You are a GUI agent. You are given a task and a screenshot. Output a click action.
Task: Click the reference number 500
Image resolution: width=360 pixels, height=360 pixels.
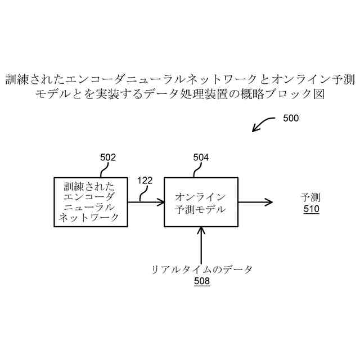pos(290,119)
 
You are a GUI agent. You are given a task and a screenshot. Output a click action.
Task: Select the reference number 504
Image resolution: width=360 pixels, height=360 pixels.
pos(201,157)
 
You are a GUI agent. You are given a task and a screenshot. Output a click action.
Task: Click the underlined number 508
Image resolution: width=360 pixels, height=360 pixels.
pos(201,281)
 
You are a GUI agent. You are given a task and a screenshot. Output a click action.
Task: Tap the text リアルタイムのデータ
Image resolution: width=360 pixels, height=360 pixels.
pos(201,269)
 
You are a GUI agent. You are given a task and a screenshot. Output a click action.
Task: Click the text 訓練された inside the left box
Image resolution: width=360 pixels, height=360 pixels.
pos(89,186)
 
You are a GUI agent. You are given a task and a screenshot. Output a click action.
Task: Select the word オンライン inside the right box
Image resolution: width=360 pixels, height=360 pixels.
pos(201,196)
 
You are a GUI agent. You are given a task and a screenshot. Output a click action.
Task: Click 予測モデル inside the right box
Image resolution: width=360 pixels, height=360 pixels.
pos(201,209)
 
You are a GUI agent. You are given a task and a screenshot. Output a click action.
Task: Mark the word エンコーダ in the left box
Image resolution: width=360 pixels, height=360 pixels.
pos(89,196)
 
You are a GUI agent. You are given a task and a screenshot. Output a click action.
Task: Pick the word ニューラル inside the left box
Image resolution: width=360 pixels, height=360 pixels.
pos(89,207)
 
